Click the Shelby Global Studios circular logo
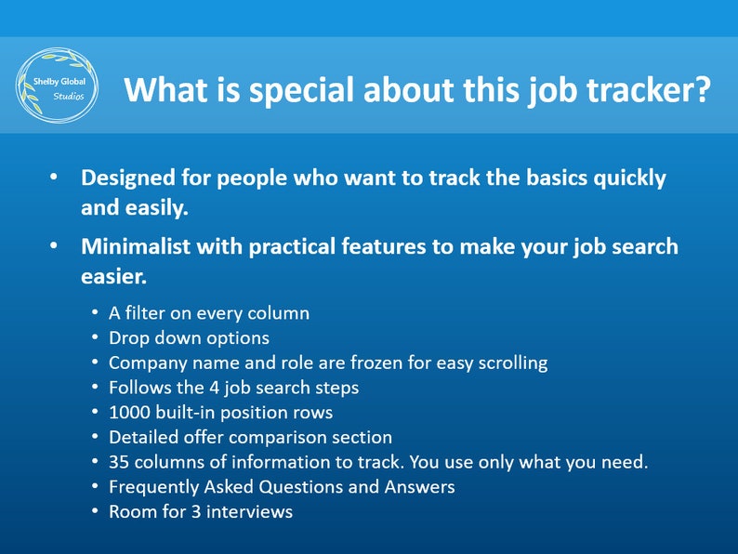click(57, 85)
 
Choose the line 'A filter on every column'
click(208, 313)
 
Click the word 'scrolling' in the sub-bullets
click(509, 363)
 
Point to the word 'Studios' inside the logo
click(68, 96)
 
